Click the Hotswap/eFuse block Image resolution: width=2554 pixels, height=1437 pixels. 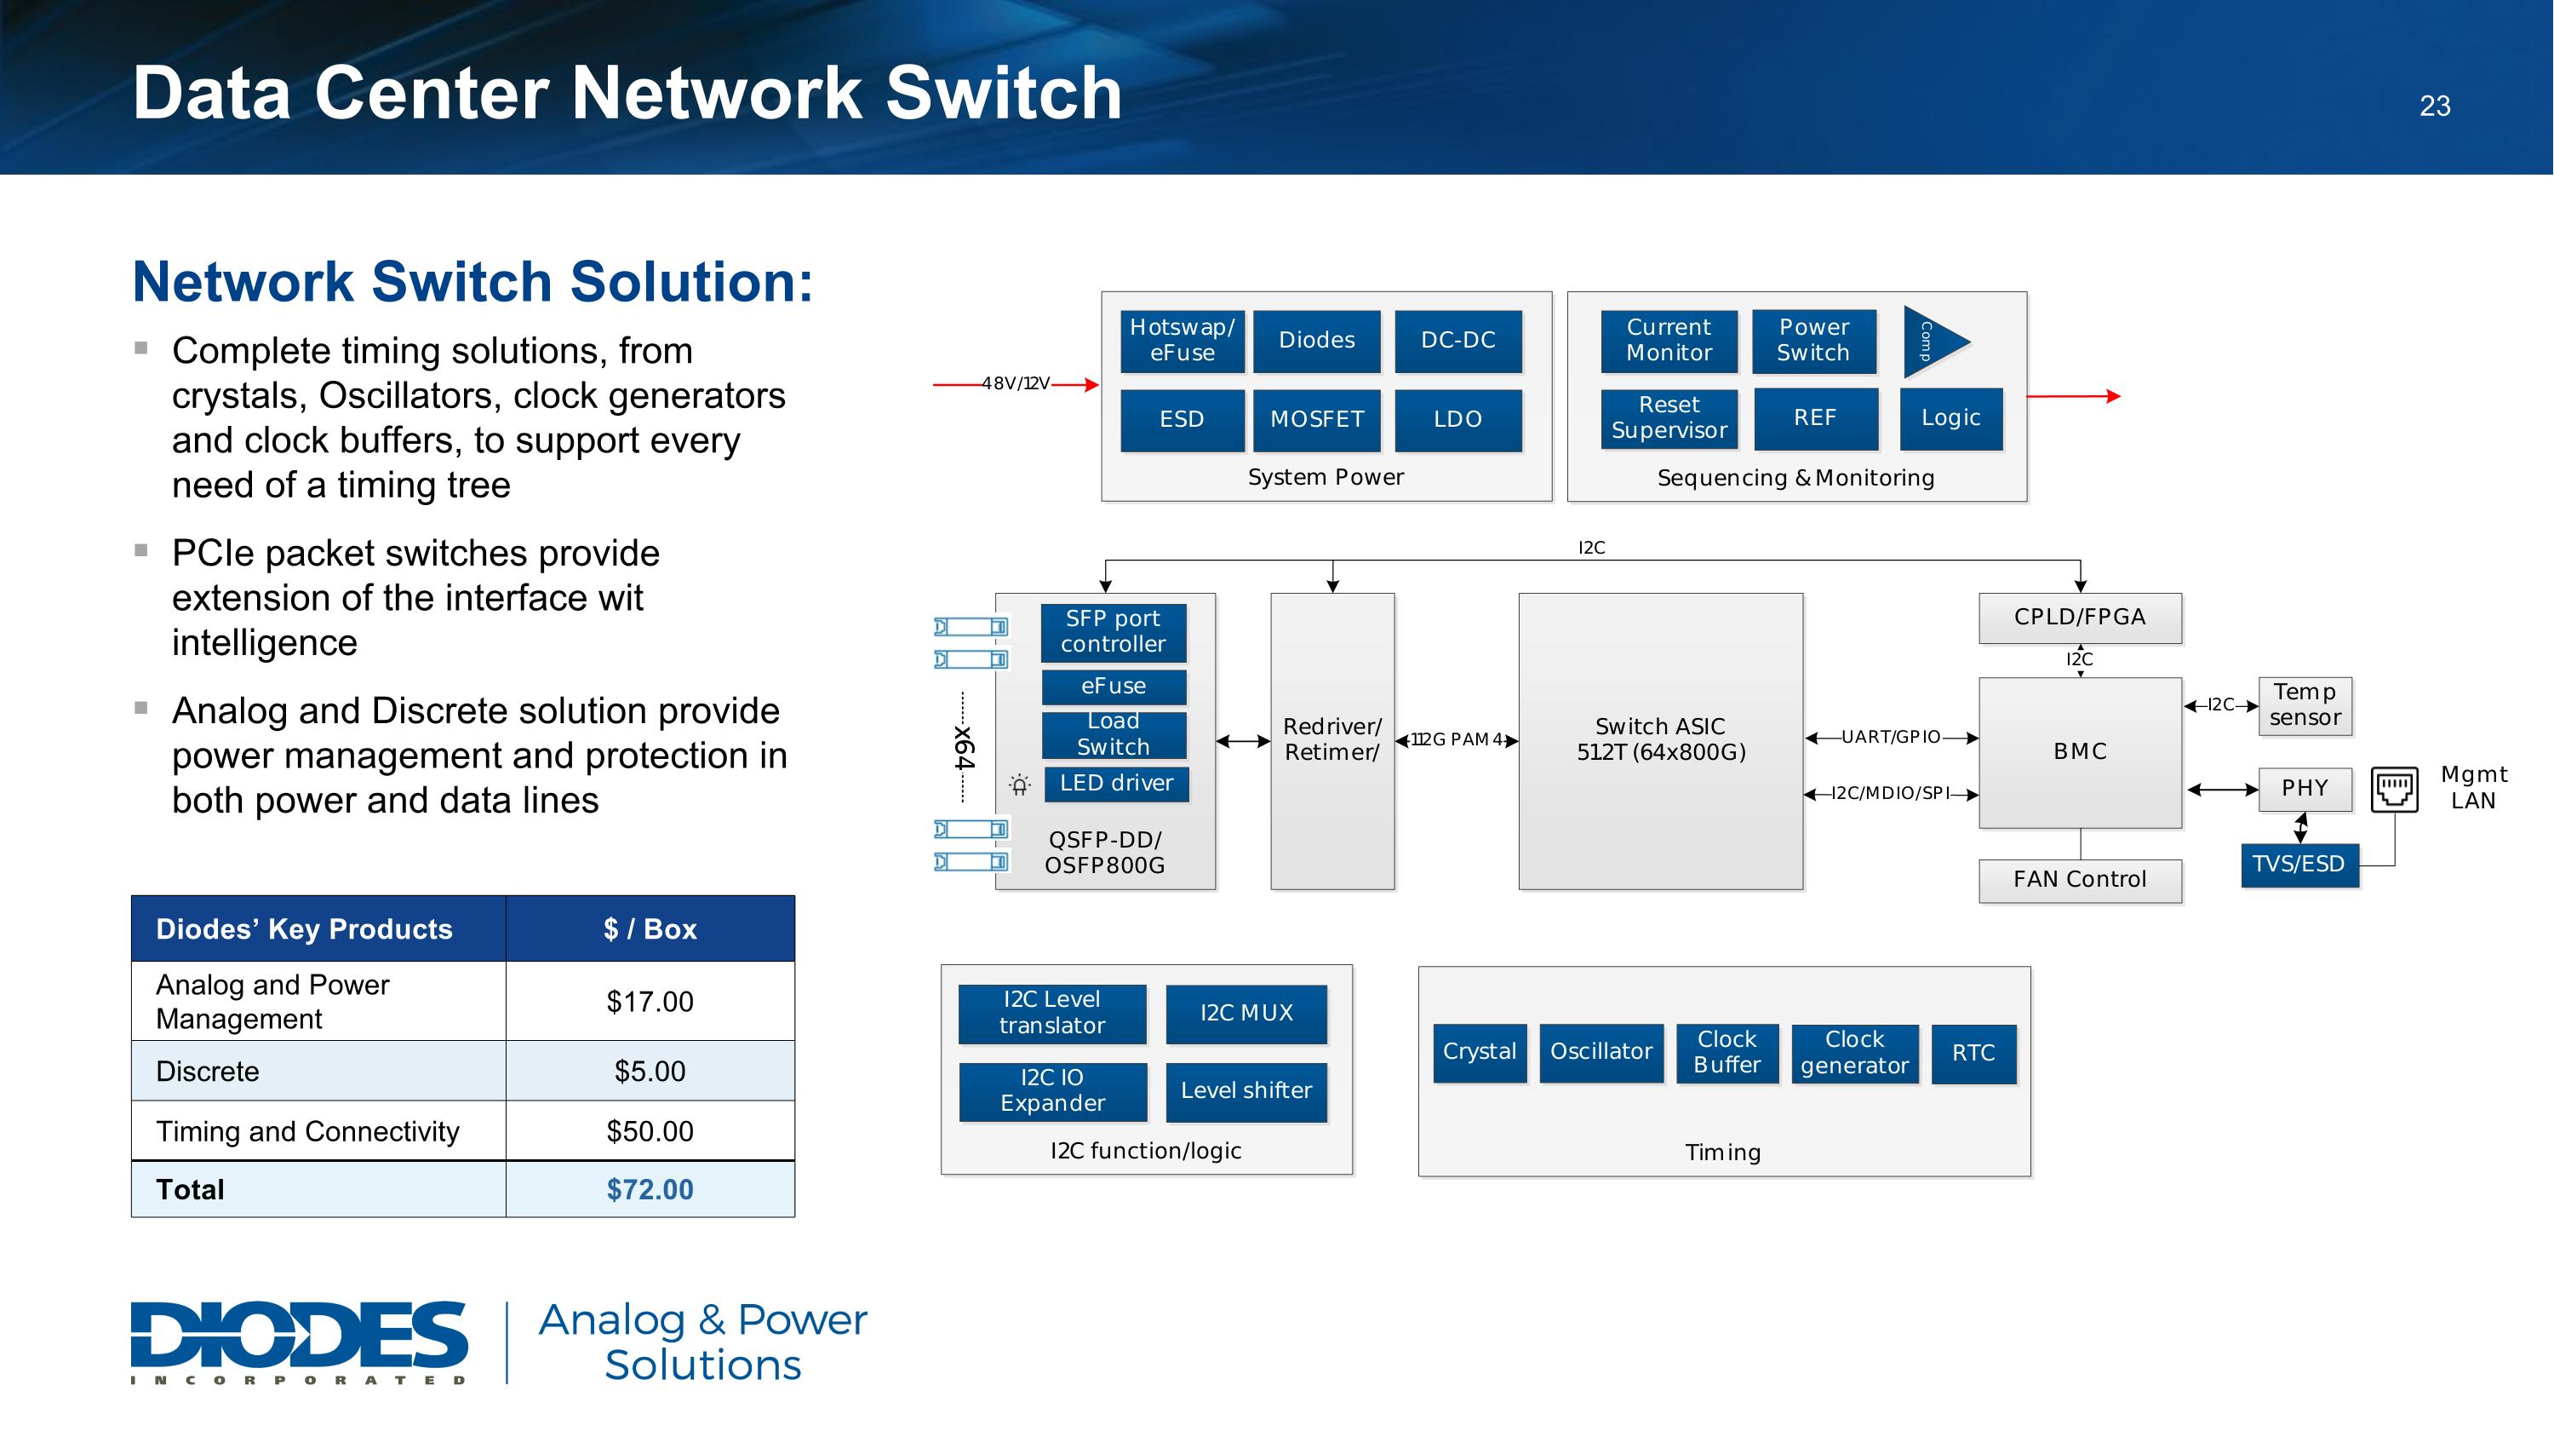pyautogui.click(x=1182, y=340)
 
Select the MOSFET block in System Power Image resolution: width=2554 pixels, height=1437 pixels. pyautogui.click(x=1317, y=419)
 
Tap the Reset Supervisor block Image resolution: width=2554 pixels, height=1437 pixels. pyautogui.click(x=1669, y=417)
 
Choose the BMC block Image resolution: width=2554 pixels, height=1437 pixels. pyautogui.click(x=2080, y=752)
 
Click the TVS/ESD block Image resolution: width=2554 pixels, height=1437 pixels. pyautogui.click(x=2299, y=864)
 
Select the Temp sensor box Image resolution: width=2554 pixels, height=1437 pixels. pyautogui.click(x=2305, y=705)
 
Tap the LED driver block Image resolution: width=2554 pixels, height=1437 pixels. pyautogui.click(x=1115, y=784)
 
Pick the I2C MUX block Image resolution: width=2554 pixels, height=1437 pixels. pyautogui.click(x=1246, y=1013)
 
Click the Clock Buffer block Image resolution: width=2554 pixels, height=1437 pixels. pyautogui.click(x=1727, y=1052)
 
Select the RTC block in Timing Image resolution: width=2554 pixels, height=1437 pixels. pyautogui.click(x=1973, y=1053)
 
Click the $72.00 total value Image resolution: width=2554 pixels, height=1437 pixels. pyautogui.click(x=650, y=1189)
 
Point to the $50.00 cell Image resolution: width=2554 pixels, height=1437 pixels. pyautogui.click(x=650, y=1130)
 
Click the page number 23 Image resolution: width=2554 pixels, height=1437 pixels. pyautogui.click(x=2434, y=106)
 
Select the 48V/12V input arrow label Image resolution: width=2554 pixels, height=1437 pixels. pyautogui.click(x=1016, y=384)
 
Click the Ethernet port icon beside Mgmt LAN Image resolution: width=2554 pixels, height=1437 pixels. pyautogui.click(x=2394, y=790)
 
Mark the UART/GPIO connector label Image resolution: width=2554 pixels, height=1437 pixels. pyautogui.click(x=1890, y=737)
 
